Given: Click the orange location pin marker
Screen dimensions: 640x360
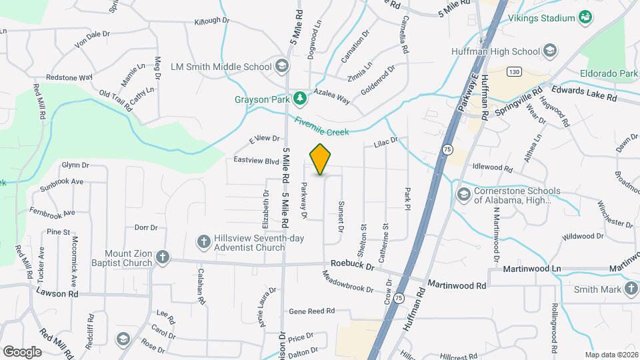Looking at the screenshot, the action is (321, 159).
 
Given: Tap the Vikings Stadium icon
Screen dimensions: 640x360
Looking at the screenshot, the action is (585, 17).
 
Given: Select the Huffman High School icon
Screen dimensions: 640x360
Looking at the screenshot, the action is (550, 51).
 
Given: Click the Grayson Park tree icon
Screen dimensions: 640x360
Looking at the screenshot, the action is (300, 99).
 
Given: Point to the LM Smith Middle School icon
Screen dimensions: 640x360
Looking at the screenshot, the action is (281, 66).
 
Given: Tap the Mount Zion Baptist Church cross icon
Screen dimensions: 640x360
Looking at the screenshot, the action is (162, 257).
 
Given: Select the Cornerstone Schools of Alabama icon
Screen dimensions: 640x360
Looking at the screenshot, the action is (463, 194).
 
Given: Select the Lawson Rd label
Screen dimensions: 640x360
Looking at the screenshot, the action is (57, 293).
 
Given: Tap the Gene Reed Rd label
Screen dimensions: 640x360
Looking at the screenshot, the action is (311, 311).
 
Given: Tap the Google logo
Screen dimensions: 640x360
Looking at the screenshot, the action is (21, 351).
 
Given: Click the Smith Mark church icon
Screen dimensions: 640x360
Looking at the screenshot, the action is (631, 289).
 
